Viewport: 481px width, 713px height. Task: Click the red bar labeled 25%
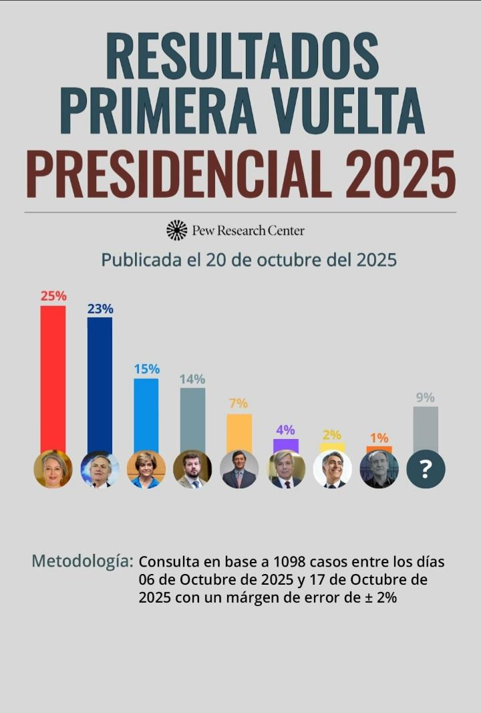click(x=53, y=378)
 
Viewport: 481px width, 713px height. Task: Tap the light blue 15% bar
click(x=146, y=414)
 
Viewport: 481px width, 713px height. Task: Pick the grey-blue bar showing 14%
click(x=192, y=418)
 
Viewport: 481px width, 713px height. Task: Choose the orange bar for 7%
click(x=239, y=432)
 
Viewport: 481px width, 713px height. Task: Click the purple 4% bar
click(x=286, y=445)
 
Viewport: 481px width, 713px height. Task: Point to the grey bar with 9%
click(x=426, y=428)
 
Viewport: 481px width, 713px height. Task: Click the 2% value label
click(x=332, y=434)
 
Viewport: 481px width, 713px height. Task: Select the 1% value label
click(x=379, y=438)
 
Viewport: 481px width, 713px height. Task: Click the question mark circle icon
click(x=426, y=469)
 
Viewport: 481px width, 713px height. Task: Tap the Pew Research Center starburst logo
click(x=177, y=230)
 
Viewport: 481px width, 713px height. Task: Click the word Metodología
click(x=82, y=561)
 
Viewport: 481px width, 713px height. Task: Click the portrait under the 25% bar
click(x=53, y=468)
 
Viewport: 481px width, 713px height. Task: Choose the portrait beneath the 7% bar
click(x=239, y=469)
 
